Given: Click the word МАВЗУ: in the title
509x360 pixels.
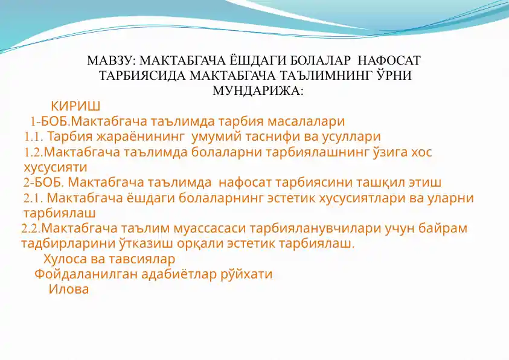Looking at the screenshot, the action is (110, 60).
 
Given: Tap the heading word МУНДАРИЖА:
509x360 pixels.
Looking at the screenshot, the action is (258, 91).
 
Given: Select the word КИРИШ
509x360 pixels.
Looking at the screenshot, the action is (75, 106).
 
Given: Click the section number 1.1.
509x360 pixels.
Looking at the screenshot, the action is (33, 137).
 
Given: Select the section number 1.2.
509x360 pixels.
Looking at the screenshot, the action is (33, 152).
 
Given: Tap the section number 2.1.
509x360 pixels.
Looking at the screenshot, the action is (33, 198).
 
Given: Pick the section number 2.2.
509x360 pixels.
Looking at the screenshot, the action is (31, 228).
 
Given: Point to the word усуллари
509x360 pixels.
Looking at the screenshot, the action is (351, 137).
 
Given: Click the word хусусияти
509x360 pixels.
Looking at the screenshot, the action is (56, 168).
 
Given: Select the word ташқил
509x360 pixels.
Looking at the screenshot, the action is (378, 182).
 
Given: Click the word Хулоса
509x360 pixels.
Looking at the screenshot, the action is (65, 259).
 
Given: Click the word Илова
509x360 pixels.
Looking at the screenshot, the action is (68, 289).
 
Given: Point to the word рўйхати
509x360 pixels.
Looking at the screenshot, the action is (246, 274).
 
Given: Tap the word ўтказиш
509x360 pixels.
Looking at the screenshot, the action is (143, 243).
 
